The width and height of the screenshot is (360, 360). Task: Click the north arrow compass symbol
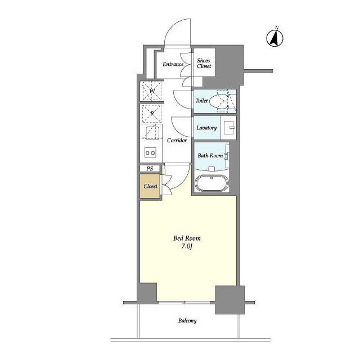pyautogui.click(x=274, y=38)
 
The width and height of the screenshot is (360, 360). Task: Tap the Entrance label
pyautogui.click(x=173, y=64)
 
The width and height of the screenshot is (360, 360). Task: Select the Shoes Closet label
pyautogui.click(x=204, y=64)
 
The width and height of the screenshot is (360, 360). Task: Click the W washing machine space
pyautogui.click(x=152, y=91)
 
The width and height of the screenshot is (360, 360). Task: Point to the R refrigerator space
pyautogui.click(x=152, y=114)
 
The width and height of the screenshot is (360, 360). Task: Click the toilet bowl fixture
pyautogui.click(x=220, y=101)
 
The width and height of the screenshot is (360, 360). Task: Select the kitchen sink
pyautogui.click(x=152, y=133)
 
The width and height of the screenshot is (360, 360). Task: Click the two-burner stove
pyautogui.click(x=150, y=152)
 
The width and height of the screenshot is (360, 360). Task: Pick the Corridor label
pyautogui.click(x=177, y=140)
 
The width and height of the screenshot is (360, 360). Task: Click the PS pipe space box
pyautogui.click(x=150, y=169)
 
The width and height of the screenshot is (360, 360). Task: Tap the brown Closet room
pyautogui.click(x=150, y=186)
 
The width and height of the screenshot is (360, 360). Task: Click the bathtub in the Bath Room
pyautogui.click(x=211, y=183)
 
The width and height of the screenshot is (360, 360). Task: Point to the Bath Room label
pyautogui.click(x=210, y=155)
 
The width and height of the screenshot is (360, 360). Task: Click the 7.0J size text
pyautogui.click(x=187, y=246)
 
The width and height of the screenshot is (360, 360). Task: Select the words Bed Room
pyautogui.click(x=187, y=238)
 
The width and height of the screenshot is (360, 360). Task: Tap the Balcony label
pyautogui.click(x=187, y=321)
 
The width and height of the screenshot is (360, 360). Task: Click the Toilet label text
pyautogui.click(x=201, y=101)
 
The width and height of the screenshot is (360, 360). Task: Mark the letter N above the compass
pyautogui.click(x=277, y=28)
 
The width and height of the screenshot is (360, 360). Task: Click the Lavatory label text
pyautogui.click(x=206, y=128)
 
